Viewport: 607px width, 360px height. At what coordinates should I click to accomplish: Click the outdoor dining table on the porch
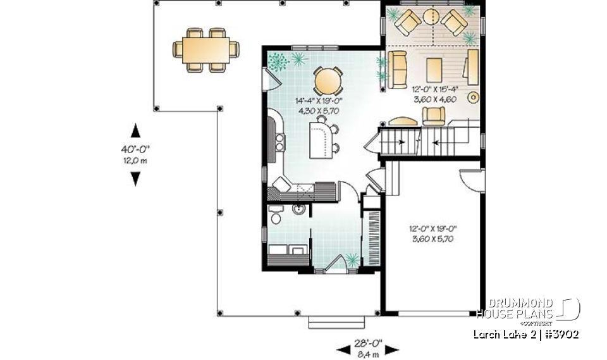tap(206, 48)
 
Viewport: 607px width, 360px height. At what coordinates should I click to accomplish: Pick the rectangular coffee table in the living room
tap(434, 69)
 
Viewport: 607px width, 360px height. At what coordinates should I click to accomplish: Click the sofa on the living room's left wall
tap(398, 70)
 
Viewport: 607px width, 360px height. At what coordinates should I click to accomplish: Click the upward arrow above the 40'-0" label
tap(135, 131)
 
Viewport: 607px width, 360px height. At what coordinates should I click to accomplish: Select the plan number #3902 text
tap(558, 334)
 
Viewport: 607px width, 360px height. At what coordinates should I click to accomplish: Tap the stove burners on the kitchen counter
tap(279, 141)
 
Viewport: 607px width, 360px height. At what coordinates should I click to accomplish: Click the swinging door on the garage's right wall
tap(472, 179)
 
